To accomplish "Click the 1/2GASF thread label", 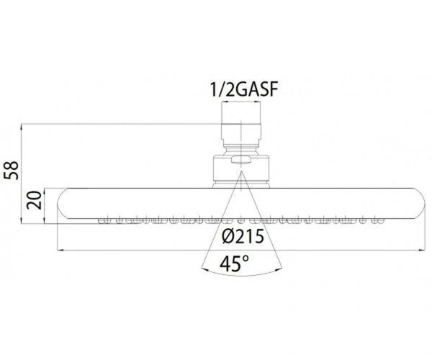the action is [x=244, y=89].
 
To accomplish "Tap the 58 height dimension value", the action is [x=12, y=170].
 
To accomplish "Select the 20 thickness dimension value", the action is [x=35, y=200].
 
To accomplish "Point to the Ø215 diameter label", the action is [x=243, y=236].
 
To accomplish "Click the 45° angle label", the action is [x=234, y=264].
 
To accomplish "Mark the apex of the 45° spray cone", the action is [x=241, y=171].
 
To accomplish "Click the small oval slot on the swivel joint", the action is [x=241, y=159].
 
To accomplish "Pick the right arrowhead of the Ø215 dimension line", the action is [x=423, y=250].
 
